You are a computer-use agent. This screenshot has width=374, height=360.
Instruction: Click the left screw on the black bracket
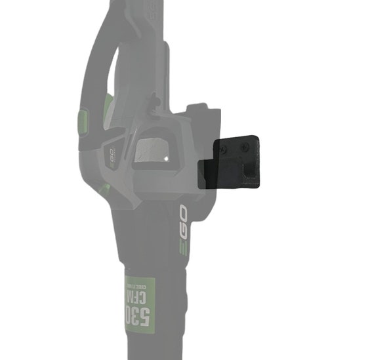tap(224, 150)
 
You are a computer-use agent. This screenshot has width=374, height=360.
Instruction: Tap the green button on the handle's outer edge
tap(83, 121)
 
